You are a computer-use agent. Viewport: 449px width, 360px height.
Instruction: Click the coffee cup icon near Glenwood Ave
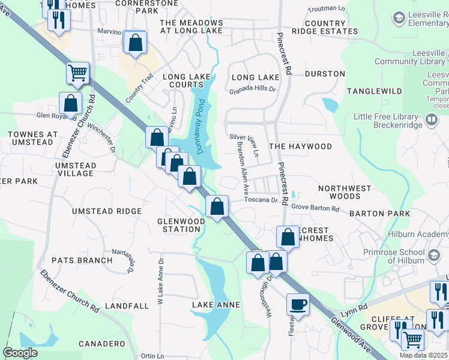pos(298,304)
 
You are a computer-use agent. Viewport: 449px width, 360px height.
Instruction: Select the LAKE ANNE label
pos(211,305)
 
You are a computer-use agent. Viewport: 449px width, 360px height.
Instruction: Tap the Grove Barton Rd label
pos(315,209)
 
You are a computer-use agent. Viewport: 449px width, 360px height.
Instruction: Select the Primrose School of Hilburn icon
pos(431,256)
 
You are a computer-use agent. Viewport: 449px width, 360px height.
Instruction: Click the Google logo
pos(20,353)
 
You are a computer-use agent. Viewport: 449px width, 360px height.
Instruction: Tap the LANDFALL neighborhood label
pos(126,305)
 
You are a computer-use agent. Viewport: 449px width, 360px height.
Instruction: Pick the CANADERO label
pos(102,344)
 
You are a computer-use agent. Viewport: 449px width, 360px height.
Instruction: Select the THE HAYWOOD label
pos(300,146)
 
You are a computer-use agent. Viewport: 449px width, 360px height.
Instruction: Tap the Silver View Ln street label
pos(244,137)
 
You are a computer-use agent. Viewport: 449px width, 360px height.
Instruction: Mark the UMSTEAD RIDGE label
pos(107,211)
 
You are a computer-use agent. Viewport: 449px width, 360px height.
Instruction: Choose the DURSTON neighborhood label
pos(325,74)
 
